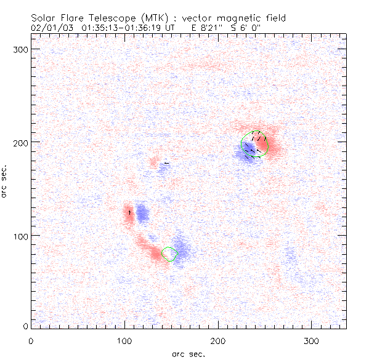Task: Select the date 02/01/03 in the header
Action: [50, 28]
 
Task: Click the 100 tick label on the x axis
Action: [124, 340]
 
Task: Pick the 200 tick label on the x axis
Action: [218, 340]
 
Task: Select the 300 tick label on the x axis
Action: [312, 340]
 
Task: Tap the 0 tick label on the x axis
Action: [31, 340]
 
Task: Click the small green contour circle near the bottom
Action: [169, 254]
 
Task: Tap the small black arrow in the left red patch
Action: [129, 212]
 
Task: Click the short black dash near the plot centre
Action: [166, 163]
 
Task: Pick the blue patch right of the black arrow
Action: [142, 214]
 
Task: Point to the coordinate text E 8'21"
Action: [211, 28]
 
